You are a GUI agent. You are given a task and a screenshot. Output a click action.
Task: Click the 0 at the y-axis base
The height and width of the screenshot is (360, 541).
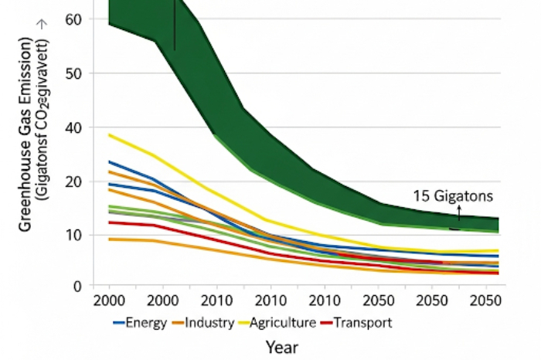tap(76, 286)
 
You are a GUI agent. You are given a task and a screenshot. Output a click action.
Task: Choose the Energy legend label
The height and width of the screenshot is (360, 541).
tap(145, 322)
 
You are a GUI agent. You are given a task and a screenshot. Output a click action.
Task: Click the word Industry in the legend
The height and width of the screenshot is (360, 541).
tap(209, 322)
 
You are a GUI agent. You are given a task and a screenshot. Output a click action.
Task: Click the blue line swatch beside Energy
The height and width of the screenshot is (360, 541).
tap(118, 323)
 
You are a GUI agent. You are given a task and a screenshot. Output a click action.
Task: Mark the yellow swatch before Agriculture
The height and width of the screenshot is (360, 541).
tap(244, 323)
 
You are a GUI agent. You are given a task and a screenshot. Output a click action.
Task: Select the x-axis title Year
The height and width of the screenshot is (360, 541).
tap(281, 348)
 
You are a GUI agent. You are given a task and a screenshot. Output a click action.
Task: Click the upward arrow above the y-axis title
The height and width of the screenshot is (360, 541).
tap(40, 24)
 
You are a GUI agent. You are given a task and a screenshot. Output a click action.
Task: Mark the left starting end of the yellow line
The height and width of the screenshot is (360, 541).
tap(109, 135)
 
